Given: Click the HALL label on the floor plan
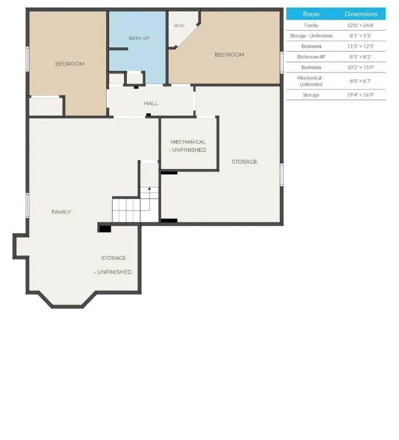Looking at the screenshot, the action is coord(151,104).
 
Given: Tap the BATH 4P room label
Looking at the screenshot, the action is coord(139,38).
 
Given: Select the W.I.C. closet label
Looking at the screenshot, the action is coord(179,25).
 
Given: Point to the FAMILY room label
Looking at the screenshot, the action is coord(61,212).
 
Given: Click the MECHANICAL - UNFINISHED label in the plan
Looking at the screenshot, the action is coord(188,146).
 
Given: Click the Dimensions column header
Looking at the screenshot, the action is coord(361,14).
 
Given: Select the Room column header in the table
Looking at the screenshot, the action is coord(311,14).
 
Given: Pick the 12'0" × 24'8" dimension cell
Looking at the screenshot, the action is coord(361,25).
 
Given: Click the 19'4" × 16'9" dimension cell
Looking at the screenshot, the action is coord(361,95).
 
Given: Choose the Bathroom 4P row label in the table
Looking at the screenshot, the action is coord(311,57).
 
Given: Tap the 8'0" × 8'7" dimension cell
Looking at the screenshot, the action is coord(361,81).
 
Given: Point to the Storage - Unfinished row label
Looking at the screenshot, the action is coord(311,36).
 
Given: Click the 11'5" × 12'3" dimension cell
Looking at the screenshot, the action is coord(361,46).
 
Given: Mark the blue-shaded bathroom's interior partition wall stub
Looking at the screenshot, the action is coord(118,49).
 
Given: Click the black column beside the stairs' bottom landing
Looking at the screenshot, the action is coord(105,229).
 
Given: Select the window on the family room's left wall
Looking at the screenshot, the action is coord(28,205).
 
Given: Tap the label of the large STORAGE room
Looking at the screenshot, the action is coord(244,162).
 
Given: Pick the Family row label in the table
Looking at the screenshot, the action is coord(311,25).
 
